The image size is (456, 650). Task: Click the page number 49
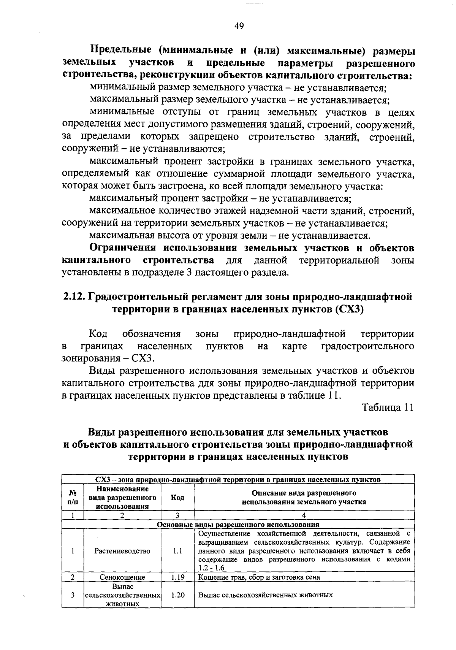click(239, 26)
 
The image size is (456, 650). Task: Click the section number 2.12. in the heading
click(74, 297)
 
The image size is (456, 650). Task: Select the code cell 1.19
click(177, 577)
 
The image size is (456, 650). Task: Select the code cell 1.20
click(177, 595)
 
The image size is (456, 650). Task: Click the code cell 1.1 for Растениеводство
click(177, 551)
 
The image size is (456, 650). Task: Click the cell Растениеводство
click(122, 551)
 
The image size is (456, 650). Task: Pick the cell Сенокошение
click(122, 577)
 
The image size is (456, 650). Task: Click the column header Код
click(177, 498)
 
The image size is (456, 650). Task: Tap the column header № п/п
click(72, 498)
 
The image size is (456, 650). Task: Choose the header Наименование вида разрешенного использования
click(122, 498)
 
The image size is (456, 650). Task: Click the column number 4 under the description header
click(304, 515)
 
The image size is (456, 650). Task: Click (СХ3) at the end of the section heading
click(349, 309)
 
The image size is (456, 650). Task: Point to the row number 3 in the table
click(72, 595)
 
